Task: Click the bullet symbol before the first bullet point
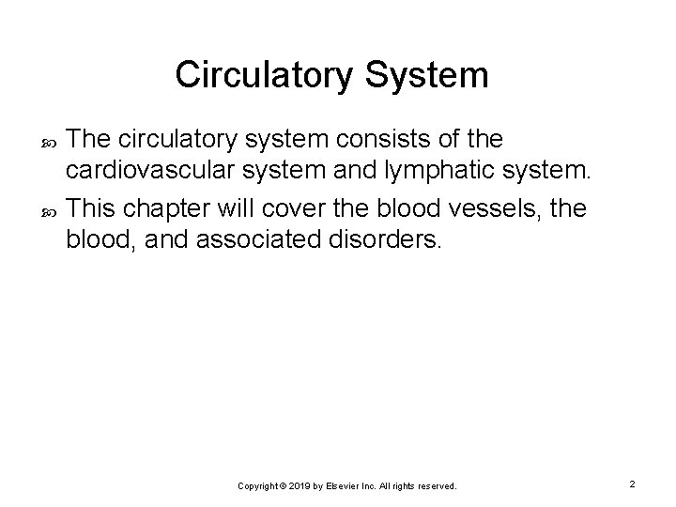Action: click(51, 142)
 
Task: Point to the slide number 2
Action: click(633, 484)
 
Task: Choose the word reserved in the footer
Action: click(436, 486)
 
